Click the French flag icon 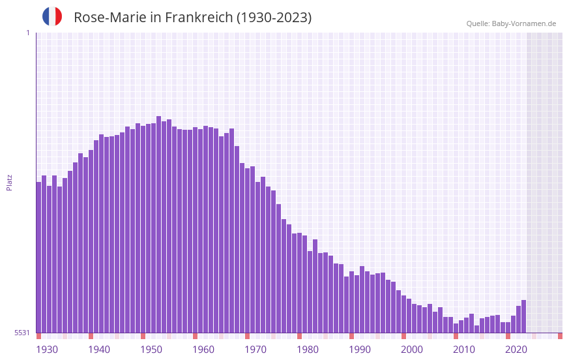[52, 16]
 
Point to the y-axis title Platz [9, 182]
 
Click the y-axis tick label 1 [27, 33]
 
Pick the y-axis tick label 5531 [22, 333]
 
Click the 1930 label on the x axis [47, 349]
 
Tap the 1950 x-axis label [151, 349]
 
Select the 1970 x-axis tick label [255, 349]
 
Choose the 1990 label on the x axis [360, 349]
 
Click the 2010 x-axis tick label [464, 349]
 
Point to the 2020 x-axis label [516, 349]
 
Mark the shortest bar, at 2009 [456, 328]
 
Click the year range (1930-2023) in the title [274, 18]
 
